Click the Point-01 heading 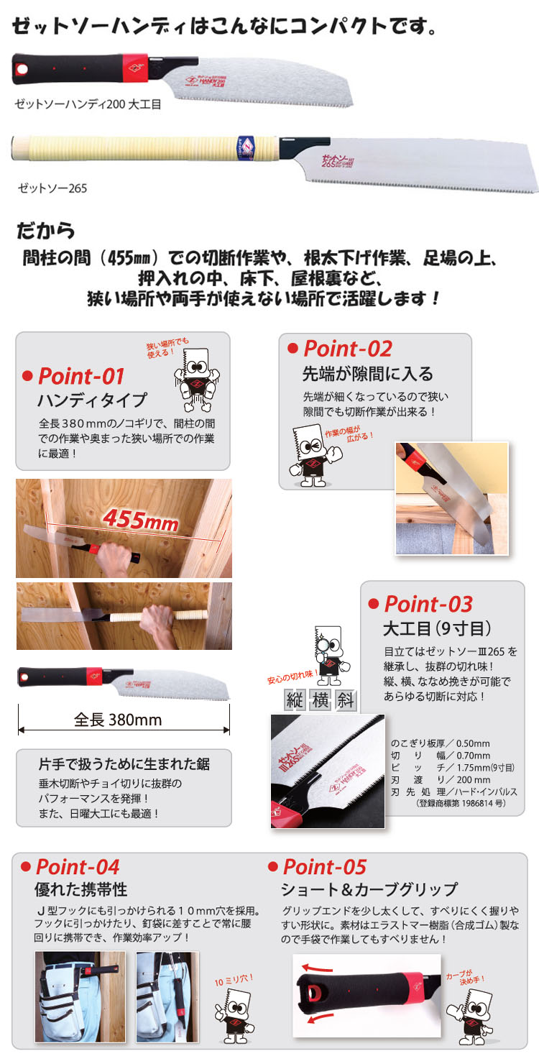pos(80,376)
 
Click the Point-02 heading pos(347,349)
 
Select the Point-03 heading pos(428,604)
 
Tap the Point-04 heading pos(77,866)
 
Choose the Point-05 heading pos(324,866)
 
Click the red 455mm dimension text pos(139,518)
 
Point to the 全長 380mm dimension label pos(119,720)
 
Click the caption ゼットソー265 pos(52,189)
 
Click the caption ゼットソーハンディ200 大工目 pos(88,104)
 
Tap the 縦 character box pos(295,700)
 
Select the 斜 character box pos(346,700)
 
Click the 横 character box pos(321,700)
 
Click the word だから pos(46,231)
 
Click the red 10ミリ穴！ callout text pos(234,981)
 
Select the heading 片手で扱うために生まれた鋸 pos(124,763)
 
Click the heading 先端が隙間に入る pos(367,374)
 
